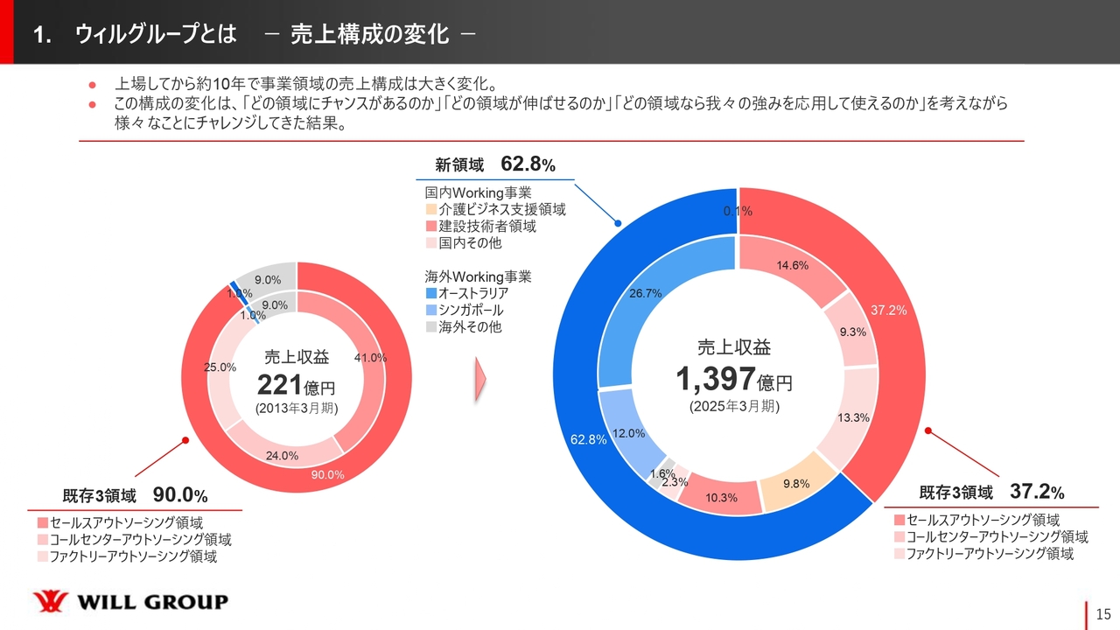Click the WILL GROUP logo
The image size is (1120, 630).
130,602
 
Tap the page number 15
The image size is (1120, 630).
1103,613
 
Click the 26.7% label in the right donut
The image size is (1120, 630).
645,294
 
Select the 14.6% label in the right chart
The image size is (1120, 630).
792,266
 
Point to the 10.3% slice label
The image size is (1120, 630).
721,498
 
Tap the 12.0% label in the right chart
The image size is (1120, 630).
628,433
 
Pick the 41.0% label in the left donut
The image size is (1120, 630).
370,357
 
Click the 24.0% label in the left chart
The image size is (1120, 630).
283,455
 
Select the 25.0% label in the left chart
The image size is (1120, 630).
220,367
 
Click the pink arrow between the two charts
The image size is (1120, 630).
479,378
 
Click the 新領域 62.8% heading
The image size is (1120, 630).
495,164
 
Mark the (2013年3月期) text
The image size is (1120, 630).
297,409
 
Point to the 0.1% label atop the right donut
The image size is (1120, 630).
738,211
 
